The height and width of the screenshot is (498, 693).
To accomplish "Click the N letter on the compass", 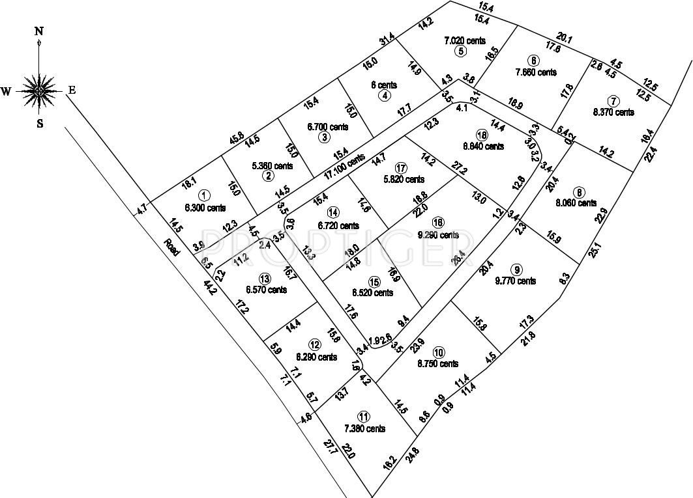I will (x=40, y=31).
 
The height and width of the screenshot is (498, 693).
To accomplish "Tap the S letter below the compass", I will (x=40, y=124).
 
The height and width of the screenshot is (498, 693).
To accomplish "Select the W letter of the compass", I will (x=6, y=92).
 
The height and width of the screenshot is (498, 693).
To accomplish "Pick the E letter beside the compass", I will (x=72, y=91).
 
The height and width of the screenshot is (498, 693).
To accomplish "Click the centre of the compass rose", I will (x=40, y=90).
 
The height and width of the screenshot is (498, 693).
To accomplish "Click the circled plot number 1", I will (x=204, y=195).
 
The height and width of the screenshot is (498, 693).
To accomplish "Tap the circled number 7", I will (x=613, y=101).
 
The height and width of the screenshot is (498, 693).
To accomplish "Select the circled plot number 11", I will (x=362, y=416).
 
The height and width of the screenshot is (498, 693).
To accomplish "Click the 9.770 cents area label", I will (x=515, y=281).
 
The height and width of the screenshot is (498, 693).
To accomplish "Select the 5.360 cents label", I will (x=272, y=166).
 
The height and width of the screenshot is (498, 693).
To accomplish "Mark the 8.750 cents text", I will (x=438, y=364).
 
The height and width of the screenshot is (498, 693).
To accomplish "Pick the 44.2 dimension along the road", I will (x=210, y=287).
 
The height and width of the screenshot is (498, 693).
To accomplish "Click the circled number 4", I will (x=385, y=96).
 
